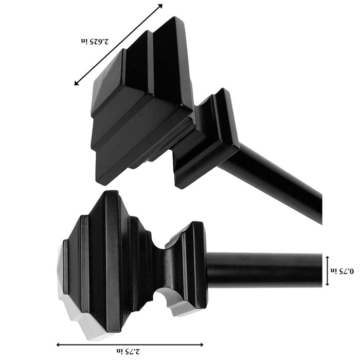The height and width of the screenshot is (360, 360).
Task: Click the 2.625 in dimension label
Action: (95, 41)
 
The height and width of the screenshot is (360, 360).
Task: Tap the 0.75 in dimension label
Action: (342, 271)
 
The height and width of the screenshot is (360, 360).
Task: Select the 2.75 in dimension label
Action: (129, 351)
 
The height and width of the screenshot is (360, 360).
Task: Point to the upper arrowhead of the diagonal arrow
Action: (160, 6)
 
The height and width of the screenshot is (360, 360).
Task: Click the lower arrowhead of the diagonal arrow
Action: (76, 83)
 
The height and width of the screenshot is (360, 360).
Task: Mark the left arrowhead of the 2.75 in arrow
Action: (58, 345)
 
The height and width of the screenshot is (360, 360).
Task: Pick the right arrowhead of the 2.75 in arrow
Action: (202, 345)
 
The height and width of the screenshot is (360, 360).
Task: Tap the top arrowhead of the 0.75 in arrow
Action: (328, 258)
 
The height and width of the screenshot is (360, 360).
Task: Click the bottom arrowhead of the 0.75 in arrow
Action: (328, 283)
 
